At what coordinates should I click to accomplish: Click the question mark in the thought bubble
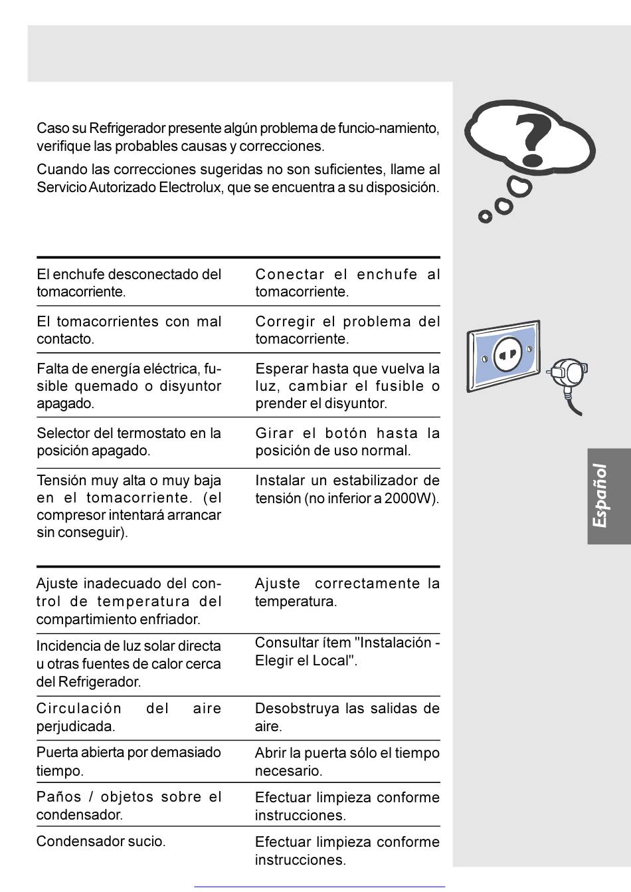tap(533, 140)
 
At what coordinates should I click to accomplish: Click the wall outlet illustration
tap(504, 356)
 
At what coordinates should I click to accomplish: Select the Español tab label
tap(600, 496)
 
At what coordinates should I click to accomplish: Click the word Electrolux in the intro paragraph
tap(189, 187)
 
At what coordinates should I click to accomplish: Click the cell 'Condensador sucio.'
tap(101, 841)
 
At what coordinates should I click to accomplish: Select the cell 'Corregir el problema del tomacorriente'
tap(347, 330)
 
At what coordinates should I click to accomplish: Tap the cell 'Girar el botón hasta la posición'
tap(347, 442)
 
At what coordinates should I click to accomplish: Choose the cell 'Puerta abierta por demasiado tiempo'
tap(128, 762)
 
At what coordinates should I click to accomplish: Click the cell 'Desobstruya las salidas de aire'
tap(347, 717)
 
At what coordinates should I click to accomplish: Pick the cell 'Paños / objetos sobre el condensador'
tap(128, 806)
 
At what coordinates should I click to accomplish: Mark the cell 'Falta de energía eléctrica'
tap(128, 386)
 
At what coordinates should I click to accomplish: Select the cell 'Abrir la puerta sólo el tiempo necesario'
tap(347, 762)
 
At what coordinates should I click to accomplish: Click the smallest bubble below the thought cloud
tap(486, 216)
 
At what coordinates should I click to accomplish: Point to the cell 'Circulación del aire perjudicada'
tap(128, 717)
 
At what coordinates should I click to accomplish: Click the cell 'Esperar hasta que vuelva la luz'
tap(347, 386)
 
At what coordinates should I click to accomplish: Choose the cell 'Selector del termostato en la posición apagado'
tap(128, 442)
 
